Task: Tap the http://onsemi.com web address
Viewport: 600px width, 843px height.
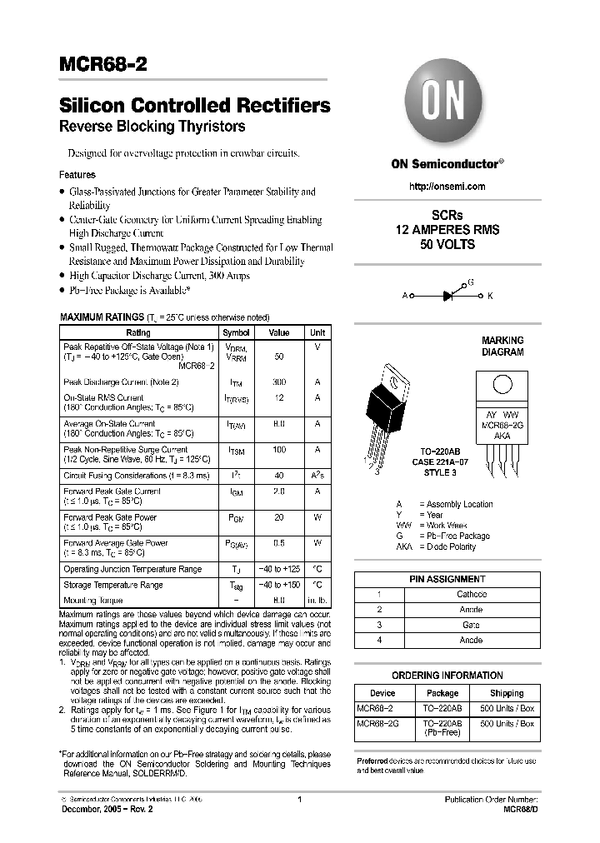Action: [447, 187]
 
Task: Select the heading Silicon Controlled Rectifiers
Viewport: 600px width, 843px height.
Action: [194, 106]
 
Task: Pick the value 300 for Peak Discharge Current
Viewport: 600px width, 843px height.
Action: [278, 382]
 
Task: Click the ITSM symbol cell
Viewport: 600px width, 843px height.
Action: [236, 450]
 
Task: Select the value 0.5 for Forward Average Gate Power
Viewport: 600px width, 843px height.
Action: [278, 543]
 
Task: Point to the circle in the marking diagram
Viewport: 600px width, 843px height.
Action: [502, 386]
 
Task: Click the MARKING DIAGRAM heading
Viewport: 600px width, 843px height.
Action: [502, 346]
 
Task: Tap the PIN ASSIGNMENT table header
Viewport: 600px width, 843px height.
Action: [447, 579]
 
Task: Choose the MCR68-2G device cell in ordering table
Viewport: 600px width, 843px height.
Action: [377, 724]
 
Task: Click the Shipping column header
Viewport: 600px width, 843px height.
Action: [506, 693]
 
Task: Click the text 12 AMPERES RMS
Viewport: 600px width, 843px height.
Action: [447, 230]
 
